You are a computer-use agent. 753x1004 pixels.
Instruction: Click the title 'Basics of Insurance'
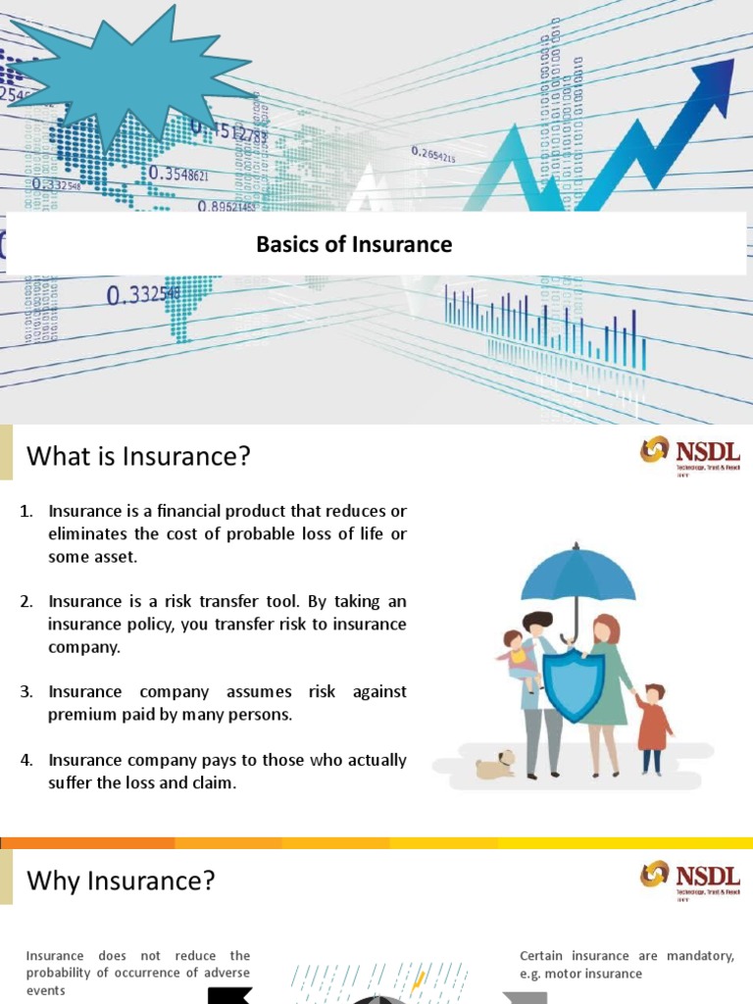(354, 244)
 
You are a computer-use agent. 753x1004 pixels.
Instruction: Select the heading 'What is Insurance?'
(138, 456)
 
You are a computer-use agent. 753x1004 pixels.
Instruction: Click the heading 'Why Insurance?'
(121, 880)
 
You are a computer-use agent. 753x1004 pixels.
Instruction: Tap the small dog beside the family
(496, 764)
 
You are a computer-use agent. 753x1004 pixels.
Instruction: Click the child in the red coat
(652, 727)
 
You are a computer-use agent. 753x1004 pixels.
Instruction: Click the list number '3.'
(26, 692)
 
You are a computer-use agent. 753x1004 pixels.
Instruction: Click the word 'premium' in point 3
(78, 715)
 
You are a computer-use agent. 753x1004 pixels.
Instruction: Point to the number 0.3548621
(178, 174)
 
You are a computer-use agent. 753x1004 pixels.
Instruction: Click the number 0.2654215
(433, 154)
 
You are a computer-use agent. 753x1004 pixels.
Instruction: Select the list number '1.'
(26, 512)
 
